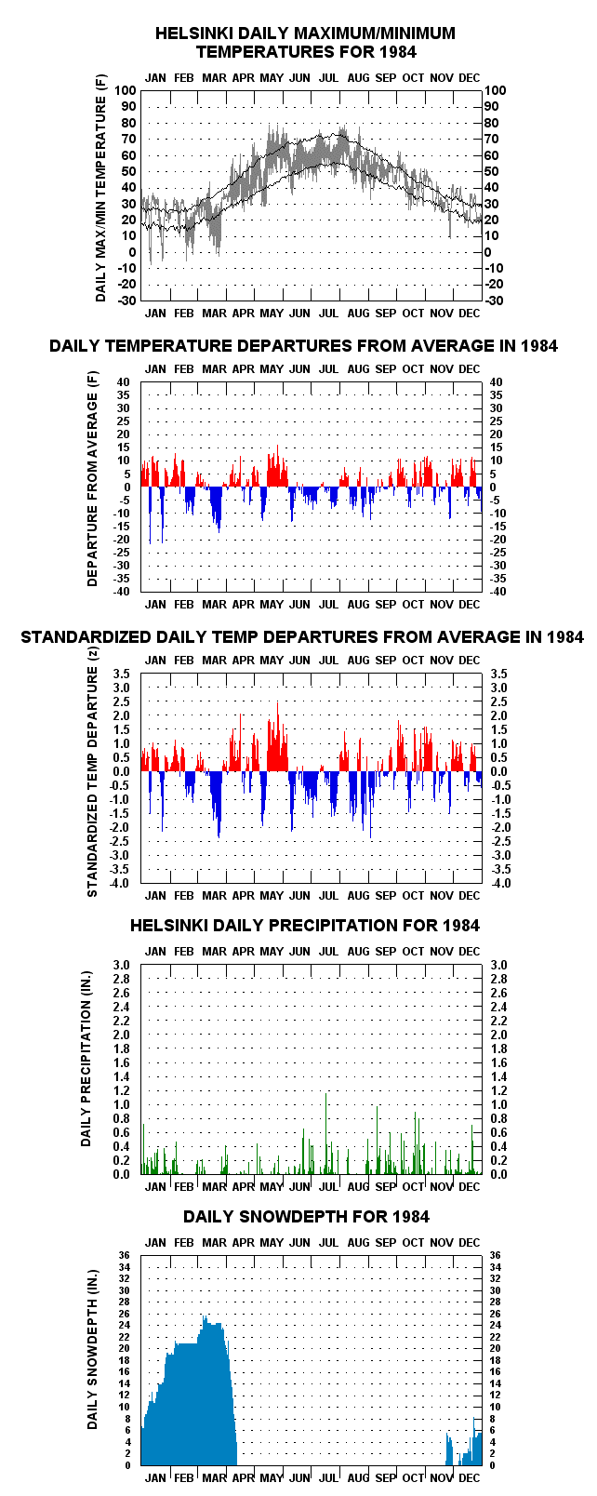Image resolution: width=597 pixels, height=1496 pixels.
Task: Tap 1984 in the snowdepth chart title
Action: (x=411, y=1216)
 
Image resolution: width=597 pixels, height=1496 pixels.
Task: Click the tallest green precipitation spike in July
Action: (x=325, y=1093)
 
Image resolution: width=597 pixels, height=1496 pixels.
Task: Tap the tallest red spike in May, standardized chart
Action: (x=278, y=702)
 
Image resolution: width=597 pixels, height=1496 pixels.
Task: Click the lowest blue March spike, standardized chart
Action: (x=219, y=836)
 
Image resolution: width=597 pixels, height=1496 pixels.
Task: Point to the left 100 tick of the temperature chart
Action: (x=126, y=90)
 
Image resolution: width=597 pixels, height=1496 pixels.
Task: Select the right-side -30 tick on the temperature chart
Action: (x=494, y=301)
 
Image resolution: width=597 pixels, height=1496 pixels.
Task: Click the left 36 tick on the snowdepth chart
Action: (x=125, y=1255)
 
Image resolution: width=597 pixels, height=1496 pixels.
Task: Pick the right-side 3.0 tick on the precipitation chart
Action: (x=498, y=965)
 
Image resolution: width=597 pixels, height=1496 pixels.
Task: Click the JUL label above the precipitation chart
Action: (x=328, y=951)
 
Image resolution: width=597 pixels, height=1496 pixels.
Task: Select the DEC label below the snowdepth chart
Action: (x=470, y=1477)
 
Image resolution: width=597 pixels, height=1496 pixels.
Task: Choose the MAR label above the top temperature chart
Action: (x=215, y=77)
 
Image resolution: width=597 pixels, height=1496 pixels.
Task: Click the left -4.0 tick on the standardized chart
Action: (x=120, y=883)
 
